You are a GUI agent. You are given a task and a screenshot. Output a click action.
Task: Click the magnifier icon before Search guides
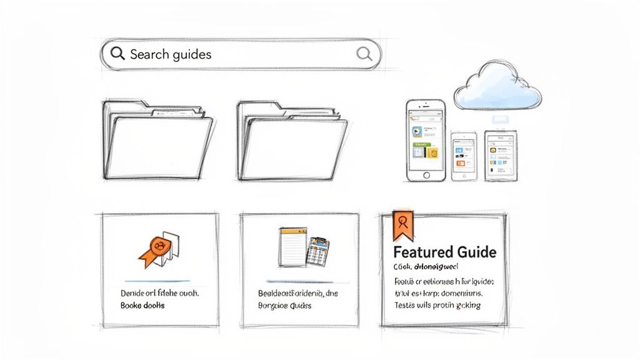pyautogui.click(x=117, y=54)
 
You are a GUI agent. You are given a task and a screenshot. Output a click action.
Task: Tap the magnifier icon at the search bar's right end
pyautogui.click(x=364, y=53)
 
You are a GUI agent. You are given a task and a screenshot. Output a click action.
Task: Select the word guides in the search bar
pyautogui.click(x=191, y=54)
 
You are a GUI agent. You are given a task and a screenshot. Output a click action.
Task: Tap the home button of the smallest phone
pyautogui.click(x=463, y=176)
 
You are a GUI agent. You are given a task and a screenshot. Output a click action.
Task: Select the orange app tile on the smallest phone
pyautogui.click(x=461, y=163)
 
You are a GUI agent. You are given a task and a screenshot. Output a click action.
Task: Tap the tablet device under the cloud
pyautogui.click(x=501, y=155)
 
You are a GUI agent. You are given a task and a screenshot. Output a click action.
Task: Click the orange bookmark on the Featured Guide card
pyautogui.click(x=402, y=224)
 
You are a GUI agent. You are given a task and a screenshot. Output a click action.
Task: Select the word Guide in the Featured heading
pyautogui.click(x=475, y=252)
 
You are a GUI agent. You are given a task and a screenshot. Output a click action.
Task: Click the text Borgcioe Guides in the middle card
pyautogui.click(x=284, y=306)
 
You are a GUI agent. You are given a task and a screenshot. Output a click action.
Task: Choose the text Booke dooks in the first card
pyautogui.click(x=142, y=306)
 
